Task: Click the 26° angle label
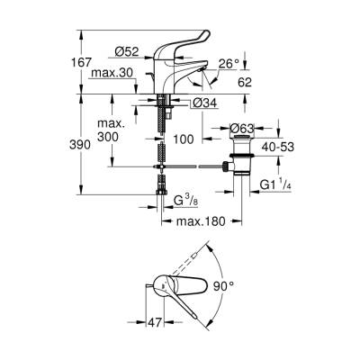click(x=229, y=63)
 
